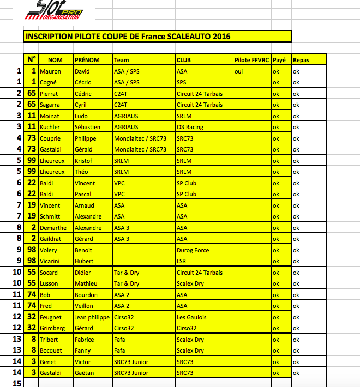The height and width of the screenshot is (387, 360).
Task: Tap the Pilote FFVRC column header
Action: coord(251,60)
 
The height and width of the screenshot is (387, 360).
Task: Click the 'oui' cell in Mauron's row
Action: coord(238,71)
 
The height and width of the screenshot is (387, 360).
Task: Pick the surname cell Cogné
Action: coord(50,82)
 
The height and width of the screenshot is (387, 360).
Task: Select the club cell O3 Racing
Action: coord(190,127)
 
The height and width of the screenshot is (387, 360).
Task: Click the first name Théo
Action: coord(81,172)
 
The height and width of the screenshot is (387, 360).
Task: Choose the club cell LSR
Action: coord(182,261)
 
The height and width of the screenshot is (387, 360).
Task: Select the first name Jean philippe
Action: coord(92,317)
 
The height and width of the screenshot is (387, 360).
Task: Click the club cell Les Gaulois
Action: coord(191,317)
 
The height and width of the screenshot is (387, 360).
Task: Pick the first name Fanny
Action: coord(82,350)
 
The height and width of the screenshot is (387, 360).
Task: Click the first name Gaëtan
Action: coord(83,373)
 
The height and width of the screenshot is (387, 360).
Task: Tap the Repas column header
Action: coord(301,60)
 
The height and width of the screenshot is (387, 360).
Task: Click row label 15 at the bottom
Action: coord(17,384)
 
